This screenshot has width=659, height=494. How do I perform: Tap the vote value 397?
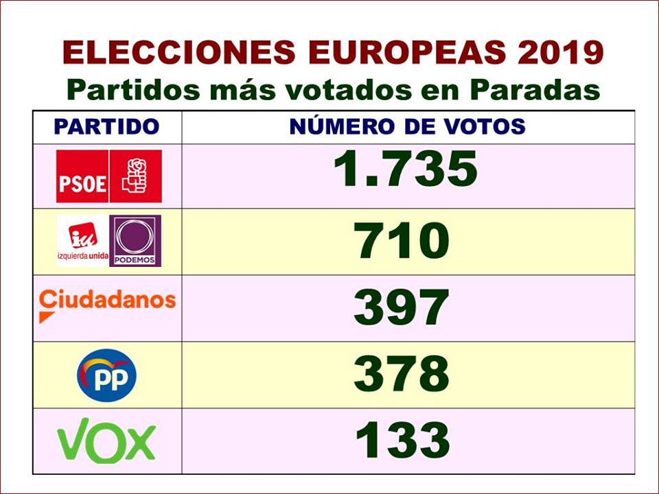pos(402,308)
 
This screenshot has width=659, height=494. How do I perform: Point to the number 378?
pos(402,374)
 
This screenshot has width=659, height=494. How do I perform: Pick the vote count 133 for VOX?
pos(402,440)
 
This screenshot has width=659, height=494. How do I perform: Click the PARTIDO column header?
pos(106,127)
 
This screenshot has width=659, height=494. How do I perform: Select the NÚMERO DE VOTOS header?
pos(407,127)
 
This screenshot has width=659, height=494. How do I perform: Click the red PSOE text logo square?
pos(82,176)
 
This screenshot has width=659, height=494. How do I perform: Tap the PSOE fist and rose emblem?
pos(135,176)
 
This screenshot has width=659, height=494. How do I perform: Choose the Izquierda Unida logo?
pos(82,240)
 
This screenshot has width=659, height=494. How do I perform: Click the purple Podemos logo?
pos(135,240)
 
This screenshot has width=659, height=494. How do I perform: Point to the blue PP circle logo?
pos(106,375)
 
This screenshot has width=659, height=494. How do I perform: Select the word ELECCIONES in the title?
pos(172,53)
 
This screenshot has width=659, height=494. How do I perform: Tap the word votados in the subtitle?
pos(341,90)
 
